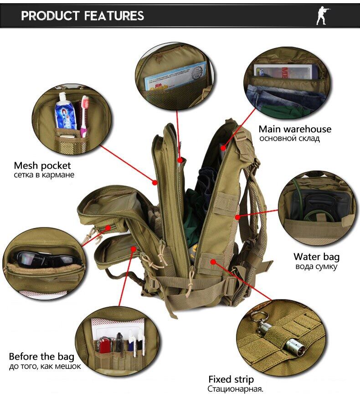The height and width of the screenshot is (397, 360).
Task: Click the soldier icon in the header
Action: click(322, 15)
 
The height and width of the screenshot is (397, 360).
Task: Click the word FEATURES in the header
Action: click(113, 15)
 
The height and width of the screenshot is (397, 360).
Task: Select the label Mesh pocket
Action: click(42, 165)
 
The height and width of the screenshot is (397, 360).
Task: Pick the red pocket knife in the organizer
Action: click(104, 345)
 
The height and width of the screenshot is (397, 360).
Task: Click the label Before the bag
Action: click(41, 356)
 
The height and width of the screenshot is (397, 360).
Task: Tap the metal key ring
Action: click(259, 317)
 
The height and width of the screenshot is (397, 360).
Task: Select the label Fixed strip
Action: click(231, 379)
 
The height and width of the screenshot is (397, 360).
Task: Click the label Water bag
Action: click(316, 257)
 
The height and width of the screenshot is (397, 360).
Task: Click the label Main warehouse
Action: click(295, 129)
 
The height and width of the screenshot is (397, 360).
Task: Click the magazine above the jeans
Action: click(286, 71)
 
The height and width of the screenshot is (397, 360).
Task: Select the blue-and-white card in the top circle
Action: click(175, 76)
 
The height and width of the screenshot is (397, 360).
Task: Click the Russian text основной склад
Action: click(289, 139)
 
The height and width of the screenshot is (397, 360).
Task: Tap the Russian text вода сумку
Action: click(316, 266)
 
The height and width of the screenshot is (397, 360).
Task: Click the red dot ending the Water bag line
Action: click(237, 217)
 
